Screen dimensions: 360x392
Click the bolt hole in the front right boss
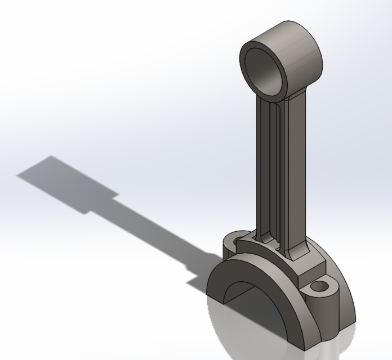[320, 287]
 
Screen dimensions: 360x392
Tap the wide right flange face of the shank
[293, 169]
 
